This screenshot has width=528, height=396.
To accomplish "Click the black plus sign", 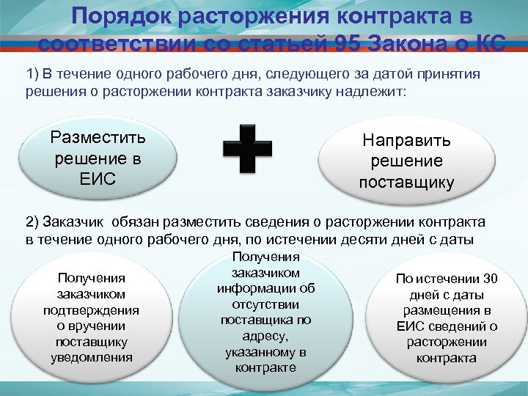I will pos(246,147).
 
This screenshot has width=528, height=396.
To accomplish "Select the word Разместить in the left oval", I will pos(98,137).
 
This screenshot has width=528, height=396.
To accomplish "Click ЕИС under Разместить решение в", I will pos(98,179).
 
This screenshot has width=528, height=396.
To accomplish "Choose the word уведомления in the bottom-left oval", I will pos(92,358).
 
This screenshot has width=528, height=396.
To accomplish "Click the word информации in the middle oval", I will pos(265,288).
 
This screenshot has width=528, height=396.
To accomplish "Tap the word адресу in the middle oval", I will pos(265,336).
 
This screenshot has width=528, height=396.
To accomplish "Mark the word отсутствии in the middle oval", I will pos(265,304).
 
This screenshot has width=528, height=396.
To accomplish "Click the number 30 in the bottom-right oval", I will pos(487,278).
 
